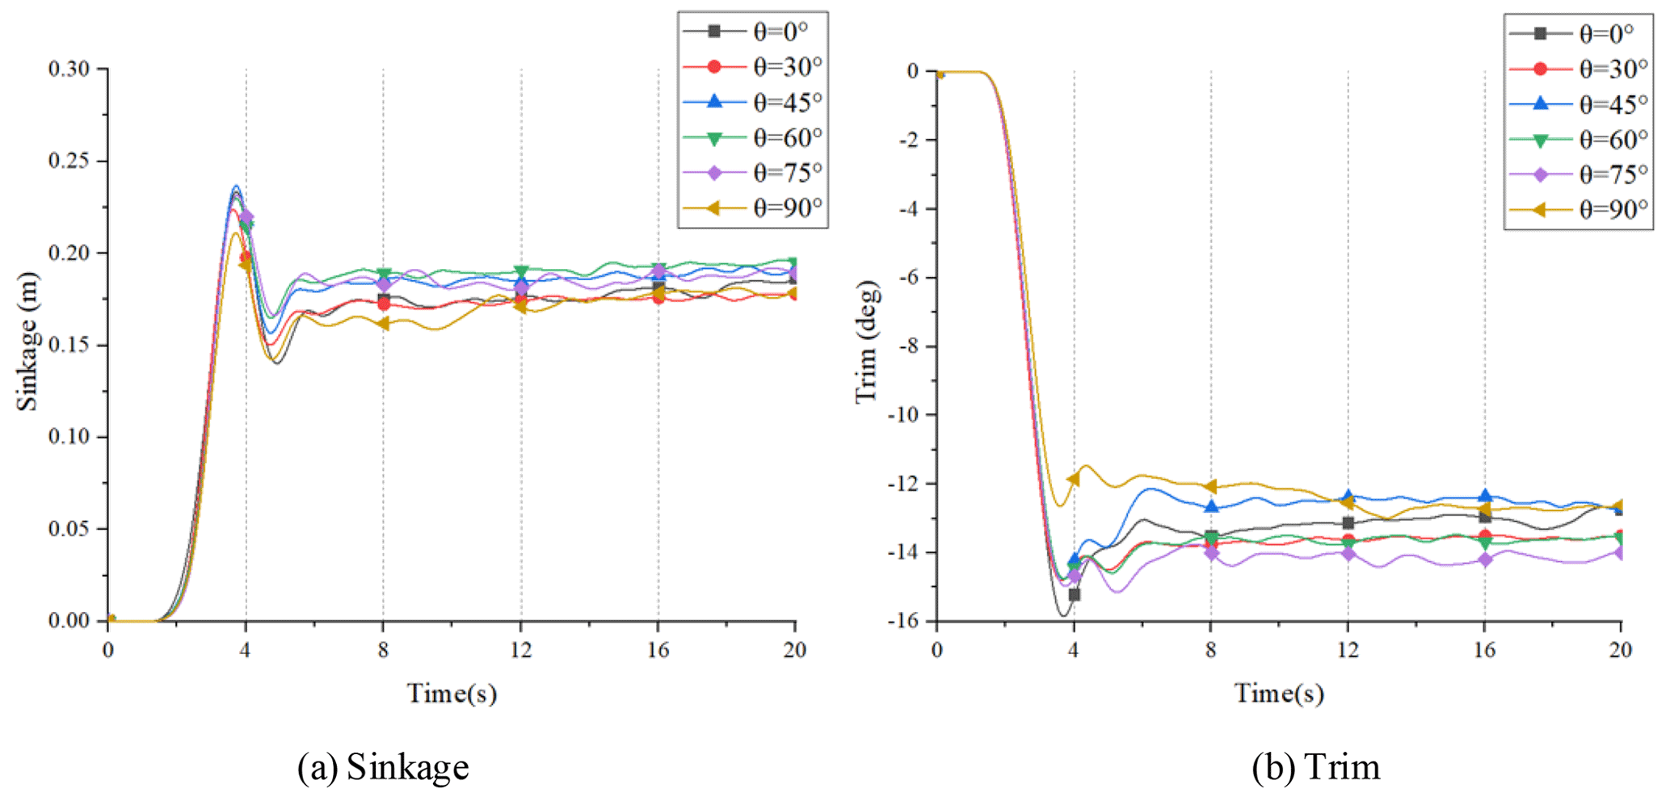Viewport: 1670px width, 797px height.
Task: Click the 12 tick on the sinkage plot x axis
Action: click(x=520, y=650)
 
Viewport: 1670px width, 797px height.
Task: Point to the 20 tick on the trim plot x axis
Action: click(x=1620, y=650)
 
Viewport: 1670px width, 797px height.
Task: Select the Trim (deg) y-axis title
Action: click(x=866, y=342)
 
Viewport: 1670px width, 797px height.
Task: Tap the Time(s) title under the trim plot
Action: click(x=1278, y=693)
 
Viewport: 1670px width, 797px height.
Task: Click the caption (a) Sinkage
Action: click(x=383, y=767)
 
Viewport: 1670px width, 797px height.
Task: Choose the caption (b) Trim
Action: click(x=1316, y=767)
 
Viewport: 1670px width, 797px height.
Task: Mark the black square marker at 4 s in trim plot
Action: click(x=1074, y=594)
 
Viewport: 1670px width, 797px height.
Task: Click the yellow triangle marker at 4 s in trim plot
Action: click(x=1073, y=479)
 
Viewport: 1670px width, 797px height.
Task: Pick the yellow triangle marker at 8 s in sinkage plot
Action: click(x=383, y=323)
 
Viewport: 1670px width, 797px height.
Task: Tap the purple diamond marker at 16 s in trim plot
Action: click(x=1484, y=560)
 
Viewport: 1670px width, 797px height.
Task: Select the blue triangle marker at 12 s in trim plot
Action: click(x=1348, y=497)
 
